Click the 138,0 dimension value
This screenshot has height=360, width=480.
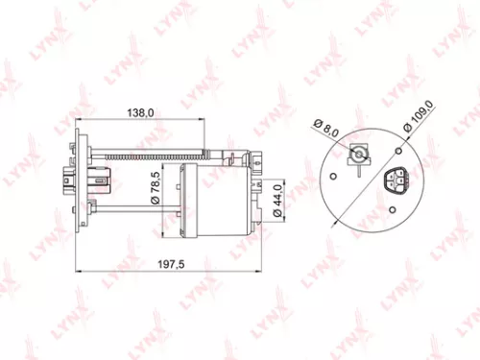coord(141,112)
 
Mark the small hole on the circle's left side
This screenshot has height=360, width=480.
coord(330,177)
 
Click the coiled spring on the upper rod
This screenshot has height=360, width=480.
coord(144,154)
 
